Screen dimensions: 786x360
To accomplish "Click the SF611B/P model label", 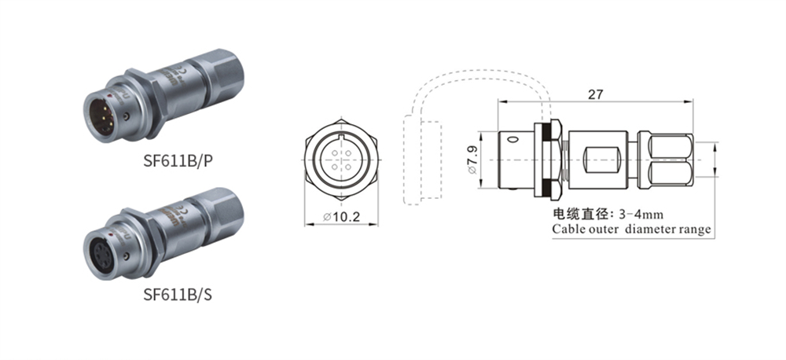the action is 178,160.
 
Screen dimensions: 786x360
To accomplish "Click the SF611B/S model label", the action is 178,294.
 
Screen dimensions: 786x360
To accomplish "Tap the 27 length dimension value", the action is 596,94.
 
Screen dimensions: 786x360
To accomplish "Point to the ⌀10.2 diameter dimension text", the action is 343,217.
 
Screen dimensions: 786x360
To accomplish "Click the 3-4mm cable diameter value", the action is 641,215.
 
